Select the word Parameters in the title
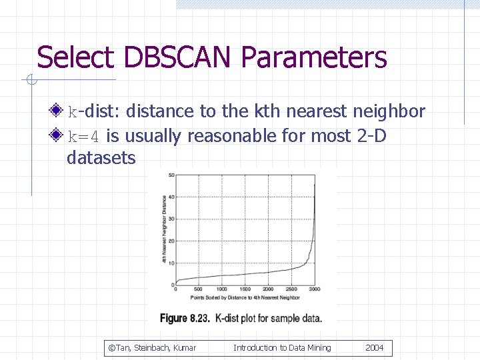pyautogui.click(x=314, y=57)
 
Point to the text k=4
pyautogui.click(x=84, y=137)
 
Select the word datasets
pyautogui.click(x=101, y=159)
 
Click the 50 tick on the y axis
pyautogui.click(x=171, y=175)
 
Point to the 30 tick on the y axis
pyautogui.click(x=171, y=219)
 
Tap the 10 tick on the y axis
pyautogui.click(x=171, y=263)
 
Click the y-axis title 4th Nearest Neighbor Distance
pyautogui.click(x=164, y=229)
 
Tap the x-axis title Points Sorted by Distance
pyautogui.click(x=244, y=297)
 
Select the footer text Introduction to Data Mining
pyautogui.click(x=282, y=348)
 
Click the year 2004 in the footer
pyautogui.click(x=375, y=348)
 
